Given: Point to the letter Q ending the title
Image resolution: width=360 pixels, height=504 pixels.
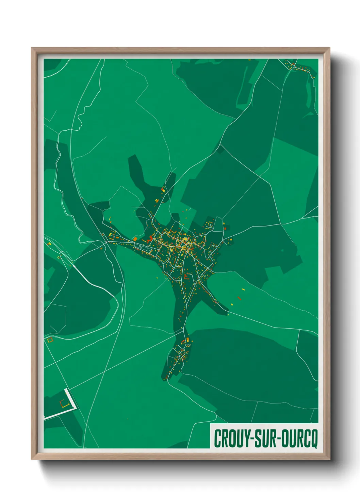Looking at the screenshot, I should point(314,439).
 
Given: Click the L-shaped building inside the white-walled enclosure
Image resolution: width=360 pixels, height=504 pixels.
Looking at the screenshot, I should point(64,405).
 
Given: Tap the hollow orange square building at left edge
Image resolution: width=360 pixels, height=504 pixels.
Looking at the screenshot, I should point(50,340).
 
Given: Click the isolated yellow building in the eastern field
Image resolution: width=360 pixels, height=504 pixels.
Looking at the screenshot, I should point(243,289).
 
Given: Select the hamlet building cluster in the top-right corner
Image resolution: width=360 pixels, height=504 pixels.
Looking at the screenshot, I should point(299,67).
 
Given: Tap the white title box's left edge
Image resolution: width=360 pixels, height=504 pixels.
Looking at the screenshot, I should point(210,436).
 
